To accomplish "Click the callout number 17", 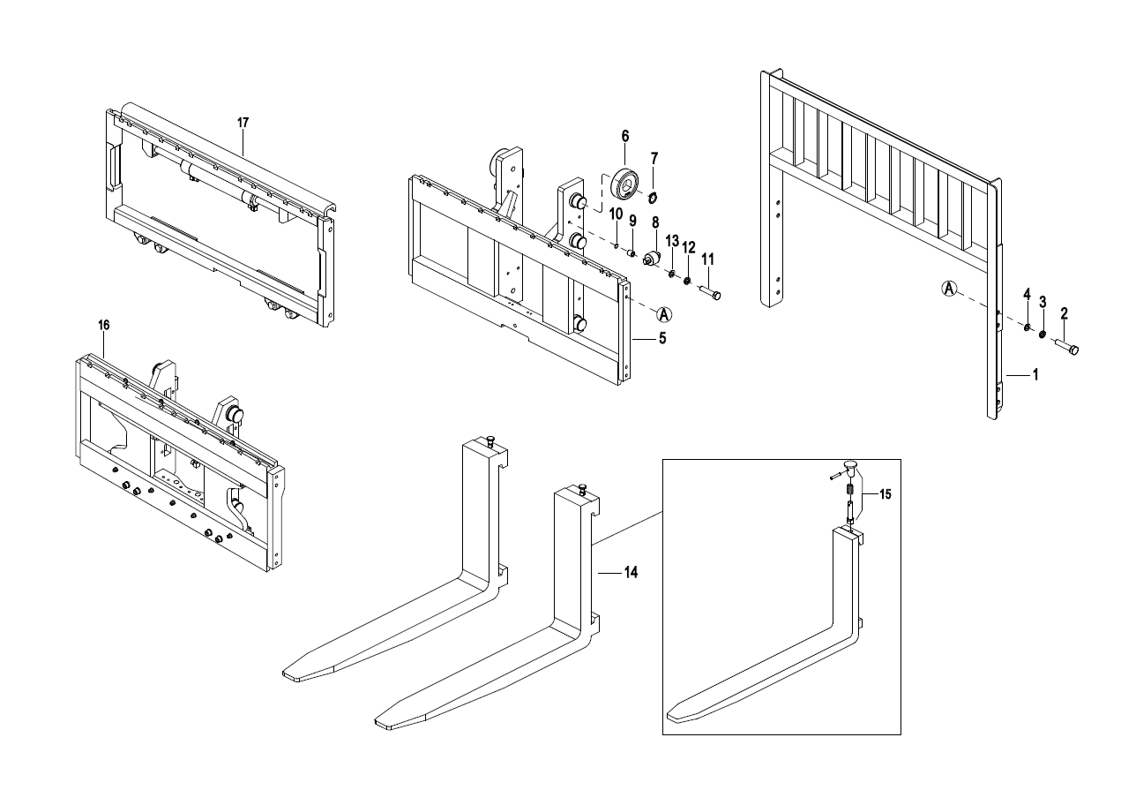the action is [243, 123].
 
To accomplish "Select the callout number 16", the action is [103, 325].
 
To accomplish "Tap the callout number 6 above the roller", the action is [625, 136].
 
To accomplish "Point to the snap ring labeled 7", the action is [653, 198].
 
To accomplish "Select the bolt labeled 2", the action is [1067, 347].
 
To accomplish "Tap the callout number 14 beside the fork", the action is [631, 572].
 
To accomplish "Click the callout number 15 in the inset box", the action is [886, 494].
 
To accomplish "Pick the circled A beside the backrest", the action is [949, 289].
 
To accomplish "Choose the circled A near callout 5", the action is [664, 314].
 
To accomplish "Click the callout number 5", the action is [662, 339].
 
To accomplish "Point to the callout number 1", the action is [1035, 375].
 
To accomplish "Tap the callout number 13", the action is [672, 241].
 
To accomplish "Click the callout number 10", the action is [616, 214].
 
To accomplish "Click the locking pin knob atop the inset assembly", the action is [850, 466].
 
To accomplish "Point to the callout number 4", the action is [1027, 294].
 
